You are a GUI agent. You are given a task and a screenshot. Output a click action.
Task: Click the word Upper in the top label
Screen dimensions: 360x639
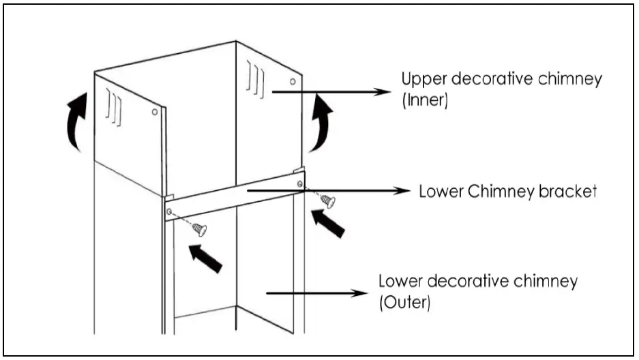click(x=420, y=78)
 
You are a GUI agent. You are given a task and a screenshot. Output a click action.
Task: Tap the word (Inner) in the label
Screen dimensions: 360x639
click(x=423, y=100)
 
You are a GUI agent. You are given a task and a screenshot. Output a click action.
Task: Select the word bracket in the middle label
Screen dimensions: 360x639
click(x=570, y=192)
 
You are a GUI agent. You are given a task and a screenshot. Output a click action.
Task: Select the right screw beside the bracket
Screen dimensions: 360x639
click(x=328, y=201)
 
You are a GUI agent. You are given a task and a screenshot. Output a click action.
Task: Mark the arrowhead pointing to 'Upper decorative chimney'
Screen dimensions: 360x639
click(x=376, y=90)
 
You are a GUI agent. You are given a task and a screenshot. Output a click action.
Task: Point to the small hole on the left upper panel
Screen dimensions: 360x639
click(x=155, y=111)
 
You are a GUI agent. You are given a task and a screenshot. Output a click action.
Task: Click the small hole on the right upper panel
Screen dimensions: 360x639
click(x=293, y=82)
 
